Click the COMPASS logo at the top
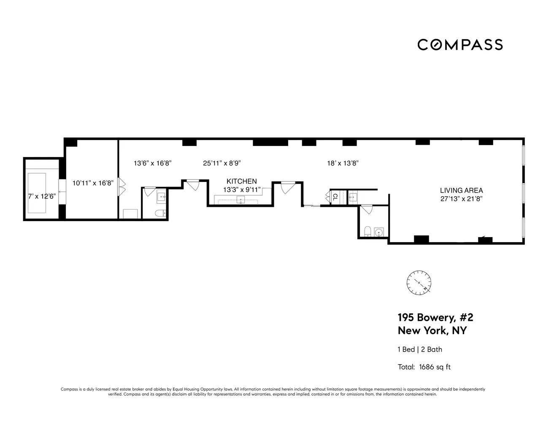(x=460, y=45)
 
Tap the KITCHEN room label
(x=242, y=181)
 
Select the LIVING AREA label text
(x=461, y=190)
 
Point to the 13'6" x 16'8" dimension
(x=153, y=163)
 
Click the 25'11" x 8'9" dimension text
(x=222, y=163)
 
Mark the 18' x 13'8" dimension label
(x=343, y=163)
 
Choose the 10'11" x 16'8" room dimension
(x=93, y=183)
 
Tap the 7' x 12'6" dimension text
(x=42, y=196)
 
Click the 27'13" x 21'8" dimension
(x=461, y=199)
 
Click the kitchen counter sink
(x=241, y=199)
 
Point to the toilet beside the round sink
(x=368, y=232)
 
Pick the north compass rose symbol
(x=419, y=282)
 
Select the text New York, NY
(x=432, y=330)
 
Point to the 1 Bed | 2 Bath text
(x=420, y=349)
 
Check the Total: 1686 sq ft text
(x=424, y=367)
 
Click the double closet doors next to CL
(x=328, y=197)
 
